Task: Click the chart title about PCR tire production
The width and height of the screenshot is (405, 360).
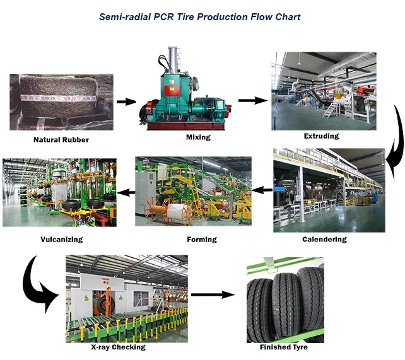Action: (200, 16)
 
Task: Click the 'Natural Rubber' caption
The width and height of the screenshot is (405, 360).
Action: (61, 139)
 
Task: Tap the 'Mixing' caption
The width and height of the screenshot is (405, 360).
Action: (198, 136)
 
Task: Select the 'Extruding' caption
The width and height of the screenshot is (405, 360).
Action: (321, 136)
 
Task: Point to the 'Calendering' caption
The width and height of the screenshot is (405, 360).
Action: (324, 240)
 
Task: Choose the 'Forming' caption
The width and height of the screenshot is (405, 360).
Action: (202, 240)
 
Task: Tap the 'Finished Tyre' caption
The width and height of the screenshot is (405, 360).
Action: (284, 347)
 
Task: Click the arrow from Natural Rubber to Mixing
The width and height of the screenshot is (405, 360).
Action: (127, 101)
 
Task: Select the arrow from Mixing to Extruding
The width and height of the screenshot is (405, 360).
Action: (252, 100)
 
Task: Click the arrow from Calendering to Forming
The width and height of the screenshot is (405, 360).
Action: (262, 189)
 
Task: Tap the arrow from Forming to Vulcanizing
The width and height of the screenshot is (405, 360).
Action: (126, 191)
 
